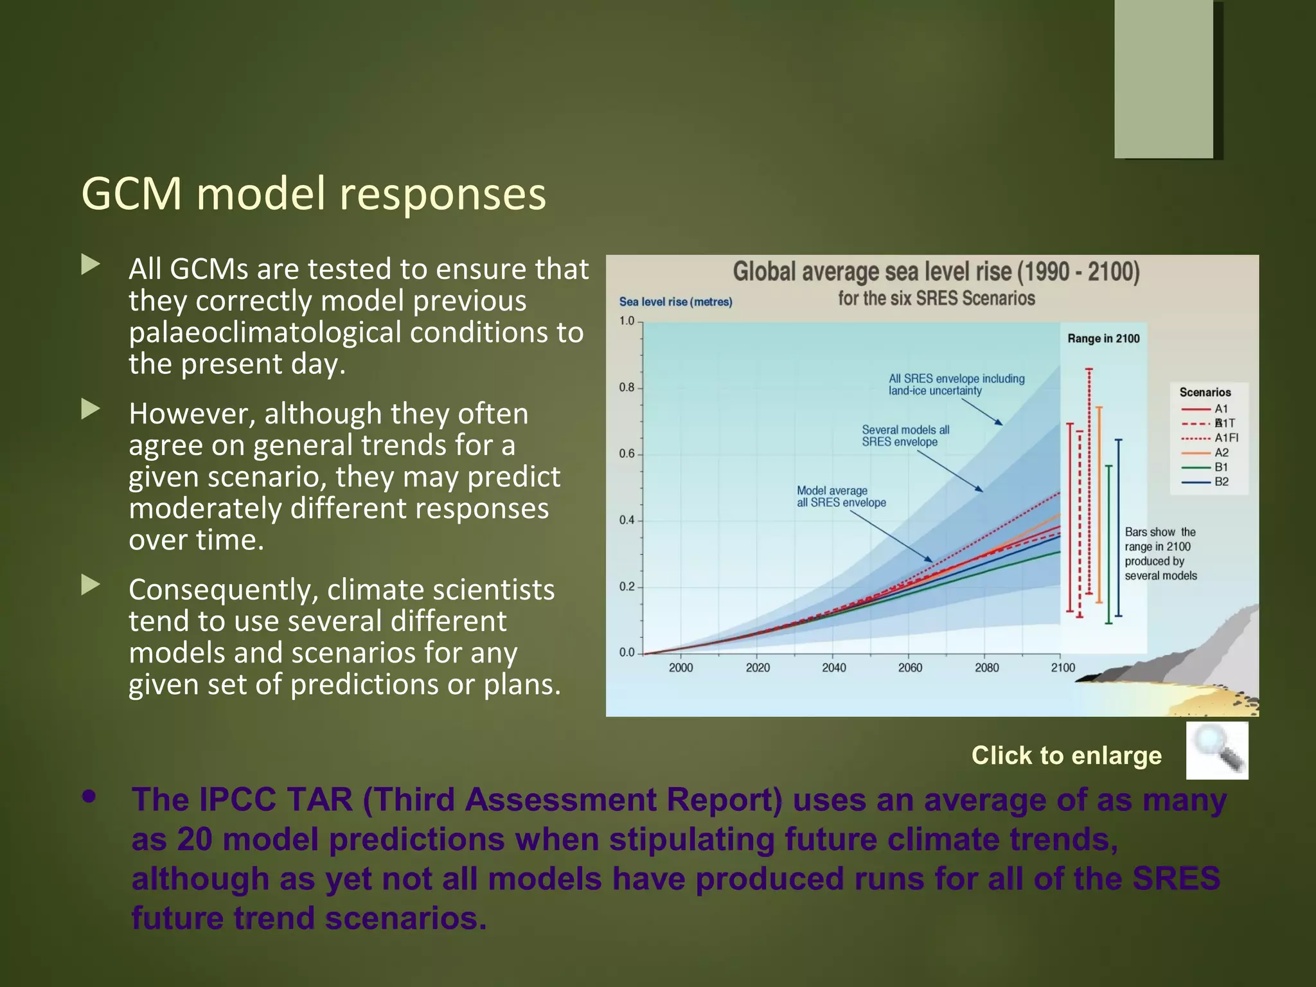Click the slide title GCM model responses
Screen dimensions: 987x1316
314,193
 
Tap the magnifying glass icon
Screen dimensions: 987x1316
1216,750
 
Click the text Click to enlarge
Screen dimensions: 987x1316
1066,755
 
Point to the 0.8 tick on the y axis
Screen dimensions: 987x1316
627,387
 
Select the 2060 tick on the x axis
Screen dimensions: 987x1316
910,668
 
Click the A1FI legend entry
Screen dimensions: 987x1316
1225,438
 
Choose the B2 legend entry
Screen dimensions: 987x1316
1221,482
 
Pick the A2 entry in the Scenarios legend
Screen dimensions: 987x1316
1221,452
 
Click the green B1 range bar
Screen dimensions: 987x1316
1108,544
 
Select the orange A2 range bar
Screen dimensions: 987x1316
1099,504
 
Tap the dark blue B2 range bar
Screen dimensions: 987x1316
1119,527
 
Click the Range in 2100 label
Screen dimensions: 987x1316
1103,339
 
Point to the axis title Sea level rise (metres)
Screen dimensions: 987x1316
675,302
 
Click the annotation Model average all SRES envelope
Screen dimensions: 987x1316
840,497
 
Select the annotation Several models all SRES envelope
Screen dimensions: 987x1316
905,436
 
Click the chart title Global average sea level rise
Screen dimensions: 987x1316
936,272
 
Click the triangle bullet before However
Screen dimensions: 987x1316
91,409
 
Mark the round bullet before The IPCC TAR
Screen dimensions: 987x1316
89,797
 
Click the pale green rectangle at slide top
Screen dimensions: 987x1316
1164,78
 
